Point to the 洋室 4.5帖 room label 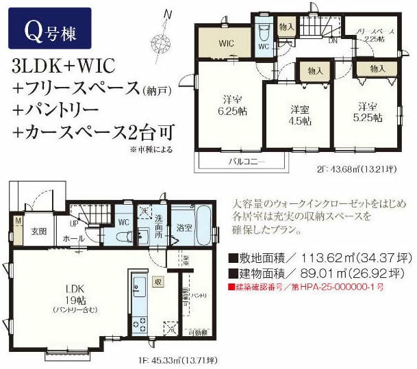(299, 114)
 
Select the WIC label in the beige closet (226, 43)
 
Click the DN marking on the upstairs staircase (333, 40)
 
